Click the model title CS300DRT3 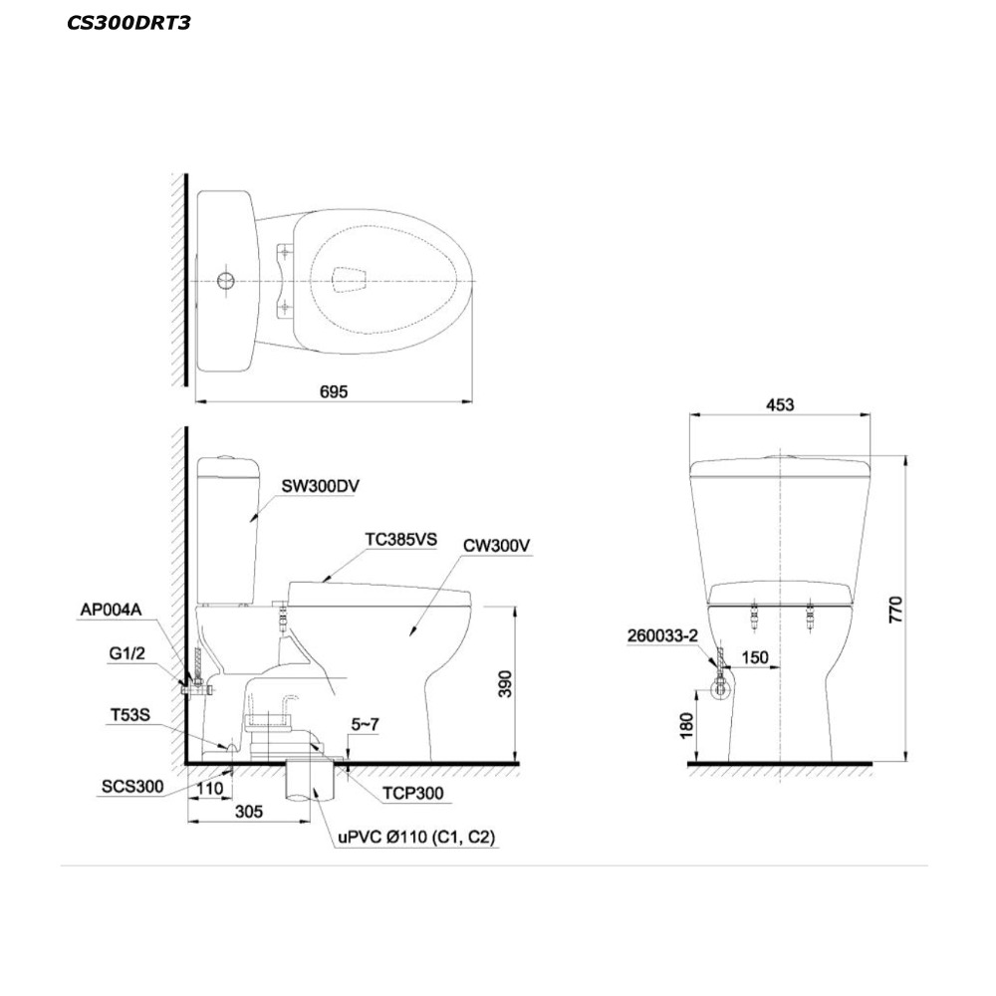coord(128,23)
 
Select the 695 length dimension coord(334,391)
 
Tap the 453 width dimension coord(780,404)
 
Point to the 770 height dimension coord(895,610)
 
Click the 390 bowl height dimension coord(505,683)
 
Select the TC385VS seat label coord(400,539)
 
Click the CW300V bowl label coord(496,546)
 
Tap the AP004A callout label coord(111,610)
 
